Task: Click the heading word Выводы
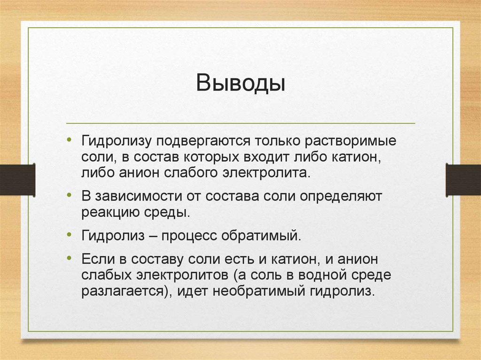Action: click(x=240, y=83)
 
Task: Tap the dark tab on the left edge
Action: click(x=17, y=180)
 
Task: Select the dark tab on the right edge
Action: click(x=463, y=180)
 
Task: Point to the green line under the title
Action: click(x=240, y=123)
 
